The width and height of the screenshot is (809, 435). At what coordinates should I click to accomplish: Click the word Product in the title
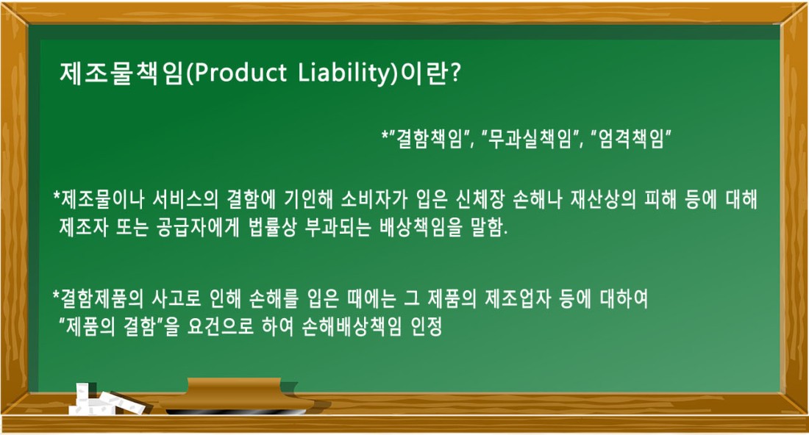pyautogui.click(x=240, y=73)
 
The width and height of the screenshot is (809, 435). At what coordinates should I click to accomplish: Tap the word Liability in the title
pyautogui.click(x=346, y=73)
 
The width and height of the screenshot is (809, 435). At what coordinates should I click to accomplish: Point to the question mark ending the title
pyautogui.click(x=455, y=73)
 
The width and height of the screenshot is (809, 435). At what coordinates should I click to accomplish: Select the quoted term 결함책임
pyautogui.click(x=429, y=138)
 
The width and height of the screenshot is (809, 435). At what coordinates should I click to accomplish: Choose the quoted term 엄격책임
pyautogui.click(x=631, y=138)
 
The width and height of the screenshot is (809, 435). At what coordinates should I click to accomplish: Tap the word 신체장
pyautogui.click(x=480, y=199)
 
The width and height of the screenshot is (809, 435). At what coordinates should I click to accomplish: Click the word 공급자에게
pyautogui.click(x=197, y=228)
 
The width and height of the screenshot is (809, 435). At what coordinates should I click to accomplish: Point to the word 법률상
pyautogui.click(x=273, y=228)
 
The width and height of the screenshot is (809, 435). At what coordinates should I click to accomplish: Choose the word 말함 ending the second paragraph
pyautogui.click(x=488, y=228)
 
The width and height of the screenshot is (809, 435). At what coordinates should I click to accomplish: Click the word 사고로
pyautogui.click(x=177, y=298)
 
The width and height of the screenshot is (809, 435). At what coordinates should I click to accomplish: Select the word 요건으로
pyautogui.click(x=221, y=327)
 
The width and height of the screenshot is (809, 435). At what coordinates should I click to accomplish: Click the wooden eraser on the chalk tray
pyautogui.click(x=236, y=395)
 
